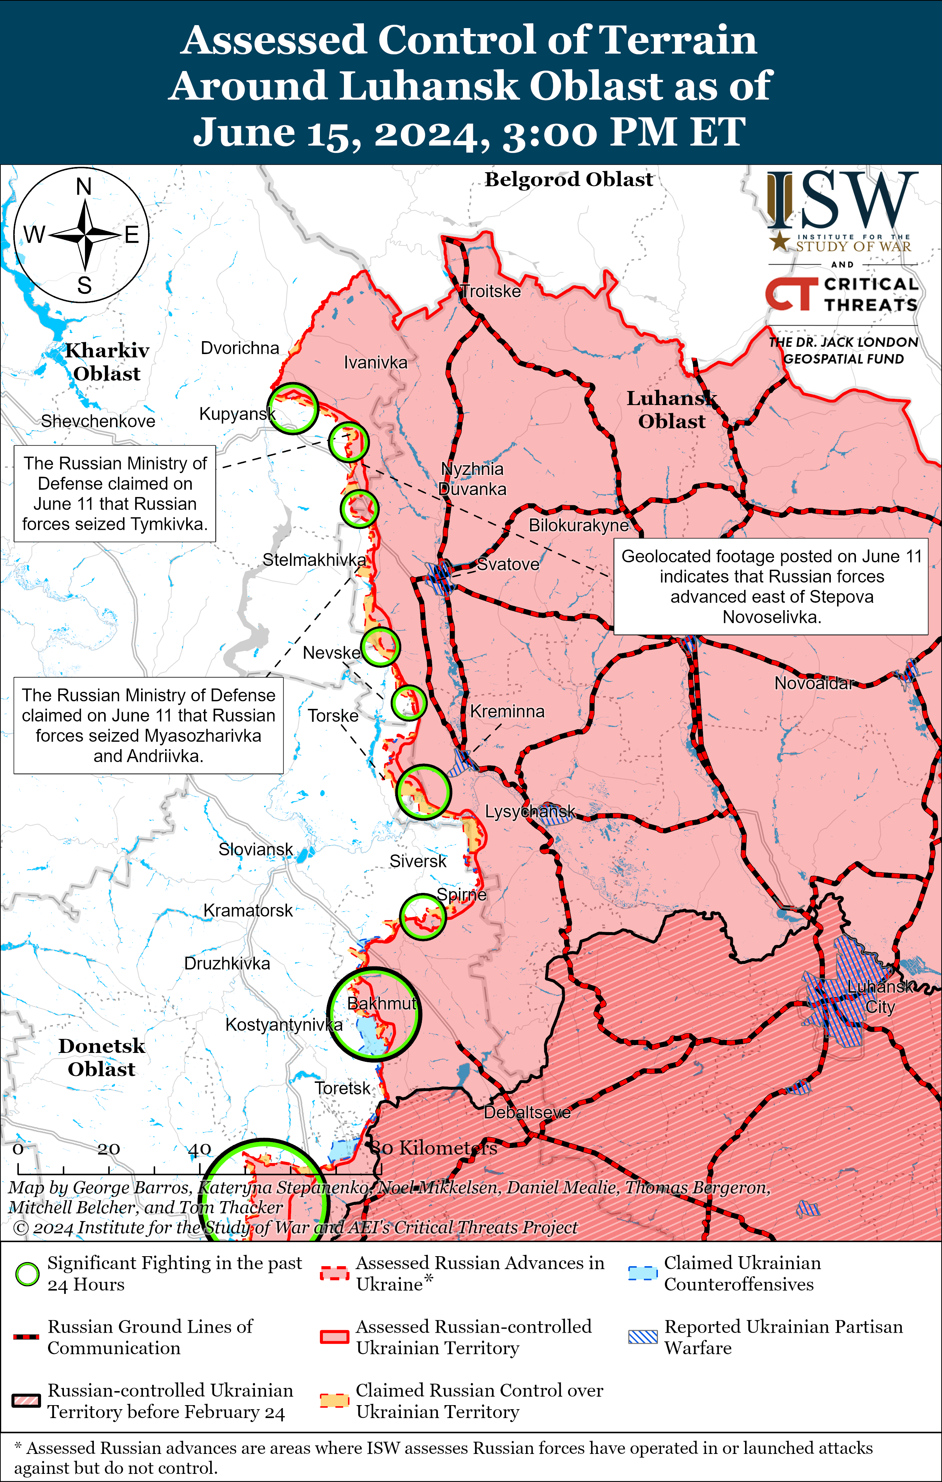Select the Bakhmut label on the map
coord(382,1003)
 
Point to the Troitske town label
coord(491,291)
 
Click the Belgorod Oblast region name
coord(569,179)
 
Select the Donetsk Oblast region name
coord(102,1057)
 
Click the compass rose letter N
coord(84,187)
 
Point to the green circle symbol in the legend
coord(27,1274)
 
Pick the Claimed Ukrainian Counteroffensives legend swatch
coord(642,1273)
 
